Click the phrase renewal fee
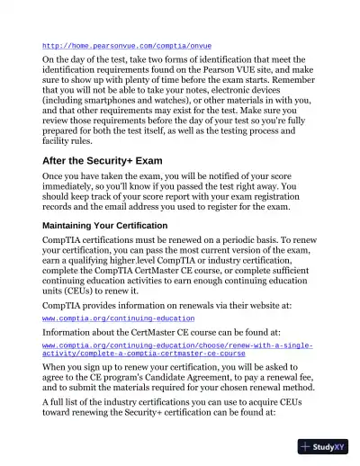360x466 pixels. [x=290, y=381]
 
